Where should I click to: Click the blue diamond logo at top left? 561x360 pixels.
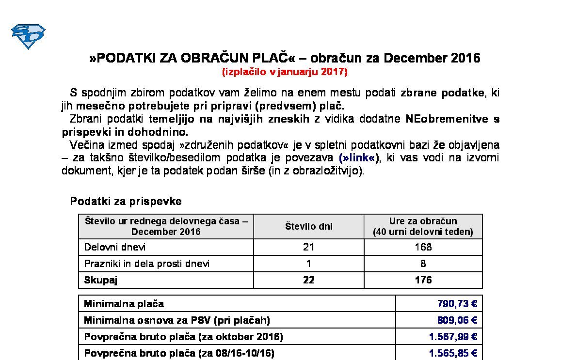pos(28,36)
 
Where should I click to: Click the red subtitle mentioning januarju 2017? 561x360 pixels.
pos(285,72)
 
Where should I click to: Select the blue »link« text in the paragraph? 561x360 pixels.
pos(359,158)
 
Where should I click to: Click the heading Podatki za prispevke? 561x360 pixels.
pos(126,201)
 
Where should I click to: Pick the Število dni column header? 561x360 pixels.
pos(308,226)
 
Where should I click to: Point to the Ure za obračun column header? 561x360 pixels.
pos(423,226)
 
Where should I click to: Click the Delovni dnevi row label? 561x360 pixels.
pos(115,247)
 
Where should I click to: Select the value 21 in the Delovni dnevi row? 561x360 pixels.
pos(308,247)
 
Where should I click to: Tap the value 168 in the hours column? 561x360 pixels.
pos(423,247)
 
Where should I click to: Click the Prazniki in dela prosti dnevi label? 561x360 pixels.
pos(147,264)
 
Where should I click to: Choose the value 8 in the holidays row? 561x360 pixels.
pos(423,264)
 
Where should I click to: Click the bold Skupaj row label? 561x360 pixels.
pos(101,280)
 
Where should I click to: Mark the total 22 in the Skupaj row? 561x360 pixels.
pos(308,280)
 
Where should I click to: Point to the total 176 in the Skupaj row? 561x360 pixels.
pos(423,280)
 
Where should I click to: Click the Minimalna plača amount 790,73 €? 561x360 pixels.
pos(457,304)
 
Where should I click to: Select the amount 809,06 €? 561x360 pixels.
pos(457,320)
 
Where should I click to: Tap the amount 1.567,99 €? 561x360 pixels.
pos(453,337)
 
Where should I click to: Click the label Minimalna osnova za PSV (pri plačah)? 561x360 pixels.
pos(177,320)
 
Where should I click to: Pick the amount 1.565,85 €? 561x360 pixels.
pos(453,353)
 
